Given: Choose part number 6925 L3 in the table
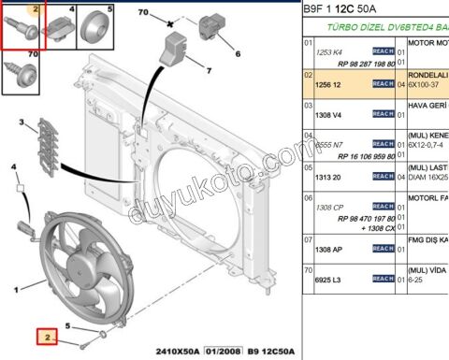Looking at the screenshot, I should (331, 279).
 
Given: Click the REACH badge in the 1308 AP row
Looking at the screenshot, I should (383, 251).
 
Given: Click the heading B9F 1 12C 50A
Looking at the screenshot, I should (346, 10).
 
